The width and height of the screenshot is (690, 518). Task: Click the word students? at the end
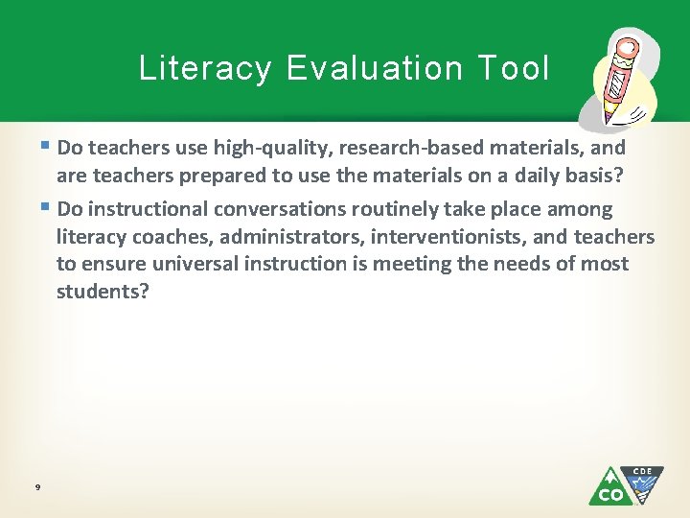[103, 291]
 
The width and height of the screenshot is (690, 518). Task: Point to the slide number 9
[36, 488]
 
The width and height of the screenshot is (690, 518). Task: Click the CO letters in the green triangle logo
[609, 494]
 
